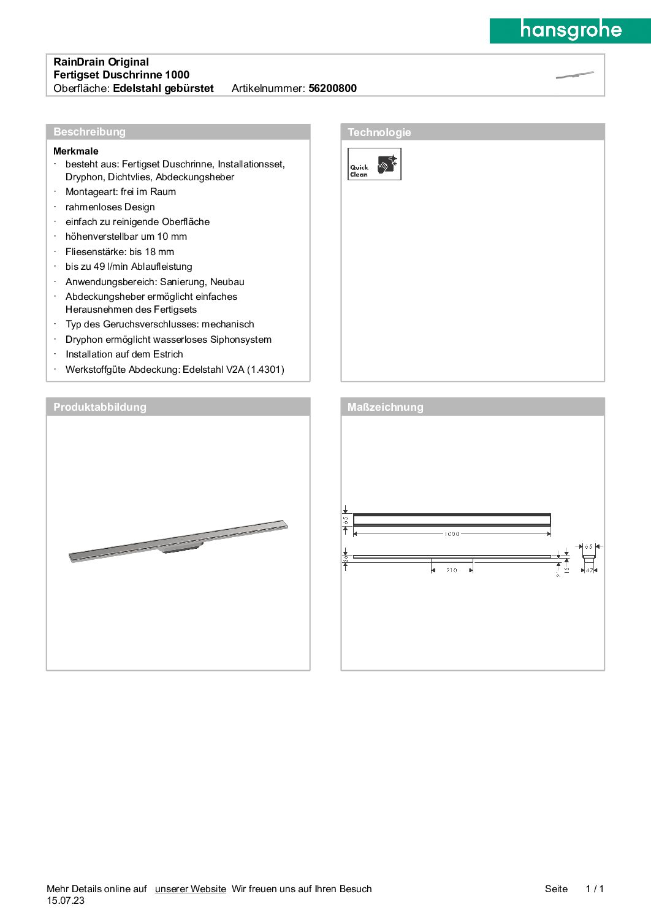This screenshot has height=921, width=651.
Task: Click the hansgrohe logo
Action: click(570, 30)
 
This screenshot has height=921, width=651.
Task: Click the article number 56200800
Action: click(332, 88)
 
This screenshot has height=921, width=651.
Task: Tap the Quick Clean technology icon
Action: click(374, 164)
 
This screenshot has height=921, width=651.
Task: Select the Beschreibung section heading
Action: click(89, 132)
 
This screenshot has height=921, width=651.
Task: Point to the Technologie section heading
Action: click(379, 132)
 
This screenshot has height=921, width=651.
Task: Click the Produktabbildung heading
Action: click(100, 407)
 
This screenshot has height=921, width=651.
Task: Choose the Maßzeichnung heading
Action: click(385, 407)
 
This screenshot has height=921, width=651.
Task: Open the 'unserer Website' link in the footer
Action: click(190, 889)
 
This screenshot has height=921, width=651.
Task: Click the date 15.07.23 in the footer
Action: click(66, 900)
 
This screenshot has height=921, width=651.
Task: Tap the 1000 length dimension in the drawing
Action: click(452, 534)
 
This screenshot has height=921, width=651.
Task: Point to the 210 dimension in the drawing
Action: click(452, 570)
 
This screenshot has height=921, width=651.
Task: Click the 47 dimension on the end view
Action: click(589, 570)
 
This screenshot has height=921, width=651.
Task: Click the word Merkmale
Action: click(76, 151)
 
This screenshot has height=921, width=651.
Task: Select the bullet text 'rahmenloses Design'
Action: click(110, 207)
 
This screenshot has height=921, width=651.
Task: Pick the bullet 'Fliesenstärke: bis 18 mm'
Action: click(120, 252)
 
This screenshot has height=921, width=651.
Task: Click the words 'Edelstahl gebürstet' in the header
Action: click(163, 88)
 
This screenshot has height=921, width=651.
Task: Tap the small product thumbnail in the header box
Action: click(574, 75)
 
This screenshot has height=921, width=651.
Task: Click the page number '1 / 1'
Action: click(595, 889)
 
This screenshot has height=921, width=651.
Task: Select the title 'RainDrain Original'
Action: click(101, 62)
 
